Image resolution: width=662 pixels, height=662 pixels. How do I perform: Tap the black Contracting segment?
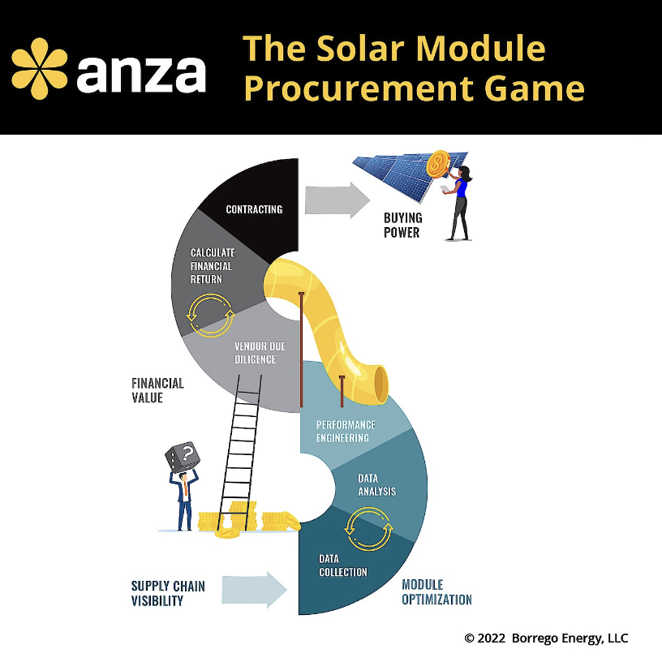(x=254, y=209)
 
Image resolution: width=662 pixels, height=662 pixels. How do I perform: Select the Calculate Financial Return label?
(x=212, y=266)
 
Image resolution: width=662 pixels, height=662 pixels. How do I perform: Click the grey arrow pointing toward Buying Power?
(x=337, y=200)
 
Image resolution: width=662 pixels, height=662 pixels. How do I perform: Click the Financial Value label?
(x=157, y=390)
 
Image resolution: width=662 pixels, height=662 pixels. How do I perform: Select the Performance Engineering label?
(x=346, y=432)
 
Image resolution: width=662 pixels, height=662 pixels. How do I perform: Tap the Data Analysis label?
(x=377, y=485)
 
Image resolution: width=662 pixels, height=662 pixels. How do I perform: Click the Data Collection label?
(x=343, y=565)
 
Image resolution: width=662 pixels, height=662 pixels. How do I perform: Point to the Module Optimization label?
(x=437, y=592)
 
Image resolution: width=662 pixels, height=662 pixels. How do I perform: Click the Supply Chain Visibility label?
(x=168, y=594)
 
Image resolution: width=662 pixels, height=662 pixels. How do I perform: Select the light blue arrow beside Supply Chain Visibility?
(x=254, y=590)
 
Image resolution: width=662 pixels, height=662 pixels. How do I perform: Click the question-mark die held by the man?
(x=183, y=458)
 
